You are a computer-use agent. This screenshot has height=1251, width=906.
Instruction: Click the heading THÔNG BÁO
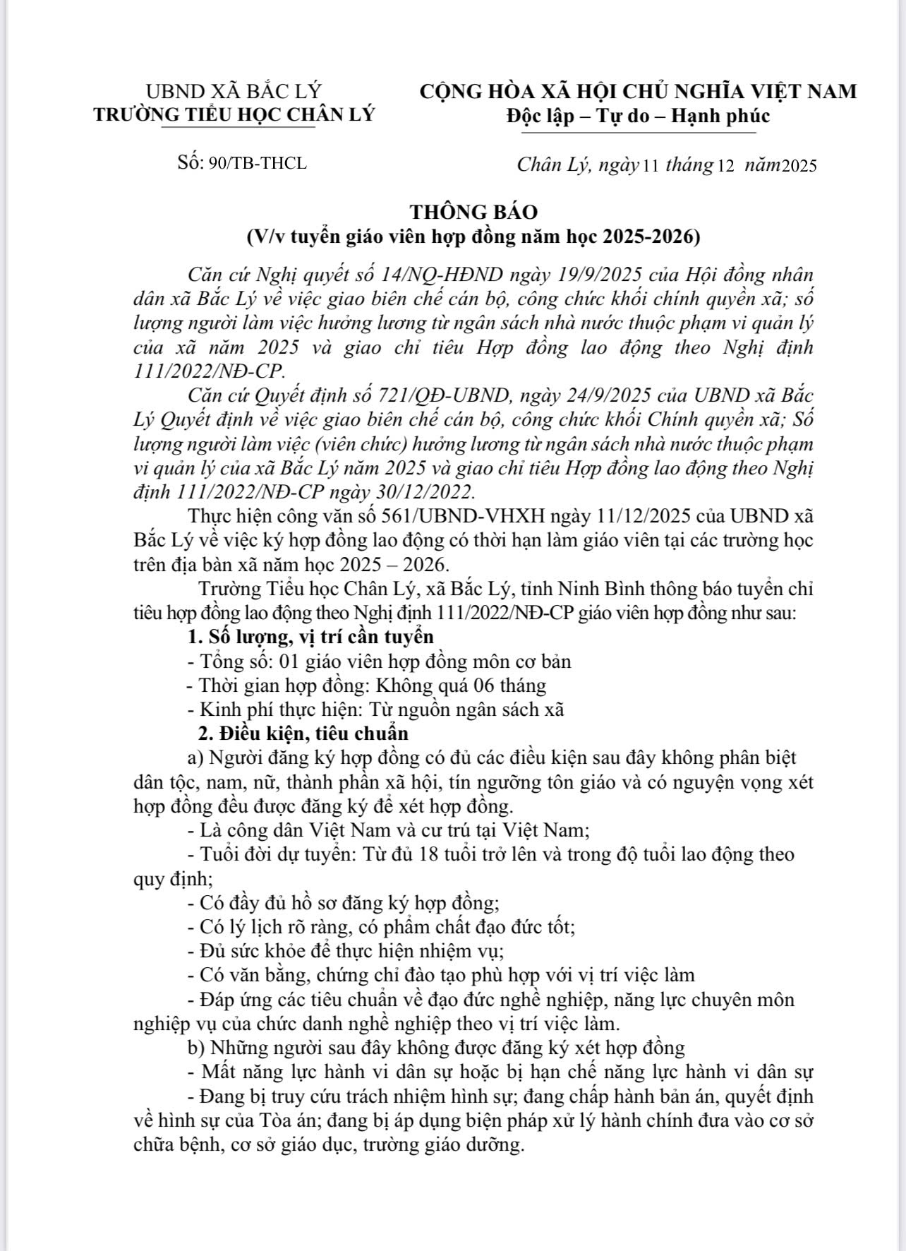(473, 212)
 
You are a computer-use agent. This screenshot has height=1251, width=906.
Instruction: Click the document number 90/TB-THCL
(258, 163)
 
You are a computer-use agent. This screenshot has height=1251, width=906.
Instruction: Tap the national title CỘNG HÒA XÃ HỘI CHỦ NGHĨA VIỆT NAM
(638, 91)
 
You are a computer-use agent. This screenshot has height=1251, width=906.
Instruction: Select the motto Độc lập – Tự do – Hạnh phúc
(638, 115)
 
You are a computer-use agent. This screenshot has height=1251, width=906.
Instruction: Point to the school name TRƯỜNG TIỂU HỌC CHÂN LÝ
(234, 115)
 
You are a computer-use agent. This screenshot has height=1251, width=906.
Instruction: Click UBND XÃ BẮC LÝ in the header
(234, 91)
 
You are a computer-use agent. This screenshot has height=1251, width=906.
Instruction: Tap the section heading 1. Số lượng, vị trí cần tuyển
(311, 637)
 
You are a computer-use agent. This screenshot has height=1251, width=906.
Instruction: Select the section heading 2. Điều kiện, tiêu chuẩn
(303, 734)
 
